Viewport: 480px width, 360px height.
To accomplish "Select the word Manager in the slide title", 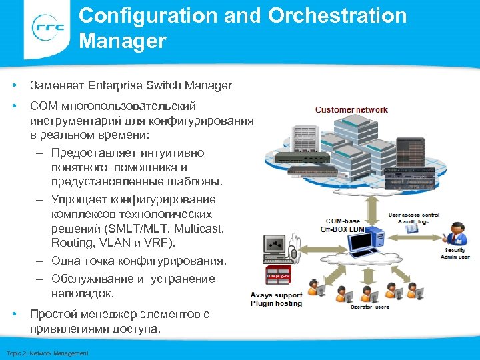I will point(122,41).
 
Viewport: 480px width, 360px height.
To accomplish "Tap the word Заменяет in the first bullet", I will point(58,85).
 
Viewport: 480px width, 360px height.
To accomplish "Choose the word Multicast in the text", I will point(193,229).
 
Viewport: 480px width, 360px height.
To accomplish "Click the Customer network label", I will point(351,109).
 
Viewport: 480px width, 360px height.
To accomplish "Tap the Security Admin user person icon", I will point(457,234).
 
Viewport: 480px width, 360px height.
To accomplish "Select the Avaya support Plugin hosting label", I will point(276,299).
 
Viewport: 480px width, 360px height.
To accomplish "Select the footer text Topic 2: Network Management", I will point(47,353).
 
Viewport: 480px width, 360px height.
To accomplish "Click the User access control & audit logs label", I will point(415,217).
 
